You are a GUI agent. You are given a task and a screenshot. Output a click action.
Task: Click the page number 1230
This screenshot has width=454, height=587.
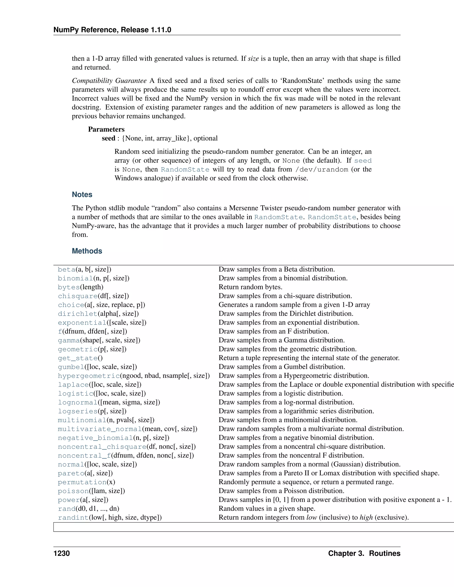pos(62,553)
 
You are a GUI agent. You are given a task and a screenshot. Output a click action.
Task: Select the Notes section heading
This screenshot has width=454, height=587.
pos(82,194)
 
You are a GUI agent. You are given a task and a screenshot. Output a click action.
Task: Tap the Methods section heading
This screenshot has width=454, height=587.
pos(87,251)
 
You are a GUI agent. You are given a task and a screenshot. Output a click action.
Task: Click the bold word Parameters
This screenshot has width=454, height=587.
pos(106,129)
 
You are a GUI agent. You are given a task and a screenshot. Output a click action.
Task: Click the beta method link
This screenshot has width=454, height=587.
pos(67,269)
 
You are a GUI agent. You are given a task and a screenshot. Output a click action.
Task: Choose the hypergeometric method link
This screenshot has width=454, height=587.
pos(89,376)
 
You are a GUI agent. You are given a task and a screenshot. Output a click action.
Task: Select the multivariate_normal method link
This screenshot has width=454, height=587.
pos(100,429)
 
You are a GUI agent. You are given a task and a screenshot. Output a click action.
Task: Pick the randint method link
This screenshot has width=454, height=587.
pos(73,518)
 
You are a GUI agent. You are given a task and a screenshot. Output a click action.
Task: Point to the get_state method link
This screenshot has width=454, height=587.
pos(78,358)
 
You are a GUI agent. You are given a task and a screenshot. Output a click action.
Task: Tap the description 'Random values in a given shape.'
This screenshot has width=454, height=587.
pos(267,509)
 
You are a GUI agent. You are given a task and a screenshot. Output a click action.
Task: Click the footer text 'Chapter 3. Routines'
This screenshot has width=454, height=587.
pos(364,553)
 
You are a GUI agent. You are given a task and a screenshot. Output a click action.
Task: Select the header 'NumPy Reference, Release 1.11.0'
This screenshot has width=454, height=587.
pos(112,30)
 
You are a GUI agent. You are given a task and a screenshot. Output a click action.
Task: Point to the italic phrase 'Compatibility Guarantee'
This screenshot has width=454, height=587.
pos(109,81)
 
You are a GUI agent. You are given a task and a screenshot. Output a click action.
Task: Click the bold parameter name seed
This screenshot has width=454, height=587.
pos(108,138)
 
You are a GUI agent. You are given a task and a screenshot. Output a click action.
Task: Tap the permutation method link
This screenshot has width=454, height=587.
pos(82,482)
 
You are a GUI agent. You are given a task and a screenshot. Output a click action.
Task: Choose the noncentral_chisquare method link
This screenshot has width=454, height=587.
pos(102,447)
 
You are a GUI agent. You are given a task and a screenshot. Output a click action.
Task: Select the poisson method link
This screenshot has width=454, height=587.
pos(73,491)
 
